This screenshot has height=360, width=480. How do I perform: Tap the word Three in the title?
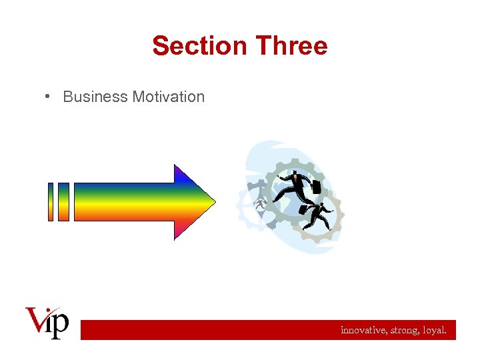(291, 46)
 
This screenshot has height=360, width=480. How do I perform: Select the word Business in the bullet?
(95, 97)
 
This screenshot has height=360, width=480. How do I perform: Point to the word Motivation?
(168, 97)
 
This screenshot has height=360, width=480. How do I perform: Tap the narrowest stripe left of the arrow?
(51, 201)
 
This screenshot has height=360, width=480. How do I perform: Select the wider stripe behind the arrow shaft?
(63, 201)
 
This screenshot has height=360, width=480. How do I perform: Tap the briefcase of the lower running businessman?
(303, 210)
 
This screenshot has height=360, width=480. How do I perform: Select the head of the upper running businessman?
(293, 175)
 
